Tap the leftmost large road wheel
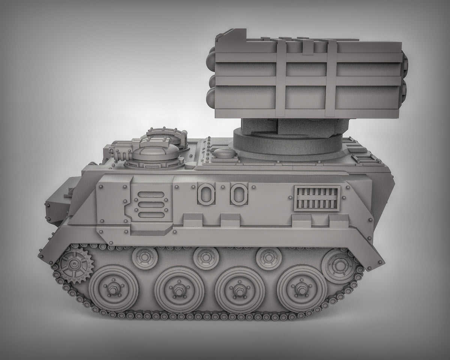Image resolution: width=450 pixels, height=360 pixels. [114, 288]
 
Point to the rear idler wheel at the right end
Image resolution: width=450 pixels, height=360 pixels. [338, 265]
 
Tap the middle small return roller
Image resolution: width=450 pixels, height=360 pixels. [206, 258]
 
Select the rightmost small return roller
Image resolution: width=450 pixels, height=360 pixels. [269, 258]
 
